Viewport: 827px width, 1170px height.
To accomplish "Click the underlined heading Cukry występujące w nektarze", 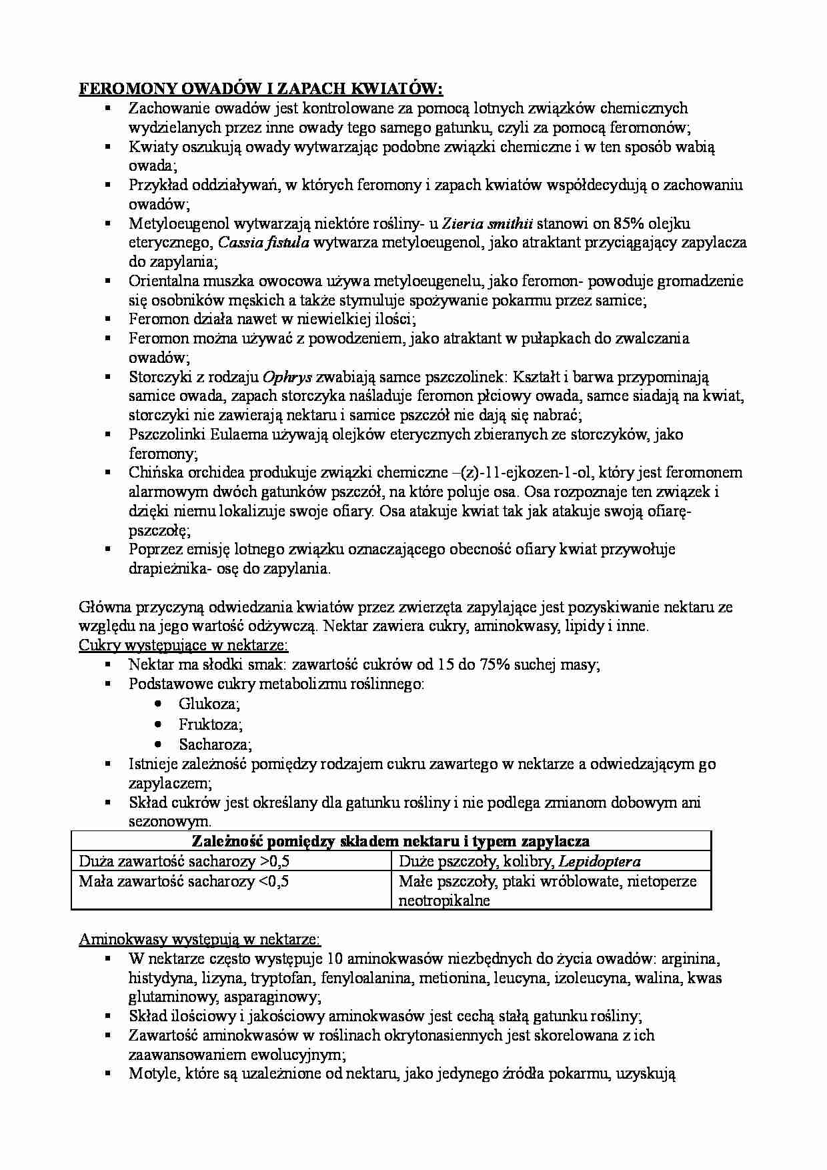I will pyautogui.click(x=183, y=646).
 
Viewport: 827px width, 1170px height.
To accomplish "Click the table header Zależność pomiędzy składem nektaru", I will pyautogui.click(x=391, y=841).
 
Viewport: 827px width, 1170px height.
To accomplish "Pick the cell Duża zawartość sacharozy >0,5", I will pyautogui.click(x=184, y=861).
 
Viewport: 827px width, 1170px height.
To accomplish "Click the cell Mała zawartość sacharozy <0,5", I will pyautogui.click(x=183, y=881).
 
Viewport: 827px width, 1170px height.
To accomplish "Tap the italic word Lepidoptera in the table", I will pyautogui.click(x=600, y=861).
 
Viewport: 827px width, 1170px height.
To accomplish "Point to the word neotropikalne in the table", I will pyautogui.click(x=444, y=901).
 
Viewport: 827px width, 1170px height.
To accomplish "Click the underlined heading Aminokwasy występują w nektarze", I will pyautogui.click(x=199, y=939).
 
